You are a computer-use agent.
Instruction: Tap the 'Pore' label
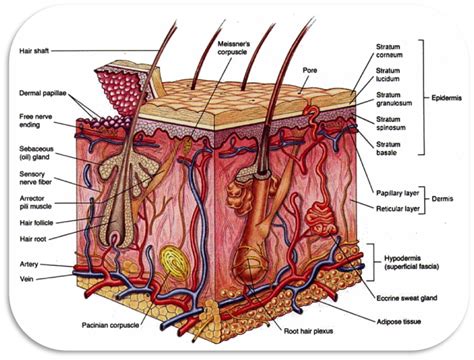[x=310, y=71]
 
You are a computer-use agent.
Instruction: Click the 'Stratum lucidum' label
[x=391, y=76]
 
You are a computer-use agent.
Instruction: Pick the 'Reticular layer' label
[x=397, y=209]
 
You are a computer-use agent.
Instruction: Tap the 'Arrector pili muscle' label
[x=40, y=204]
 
